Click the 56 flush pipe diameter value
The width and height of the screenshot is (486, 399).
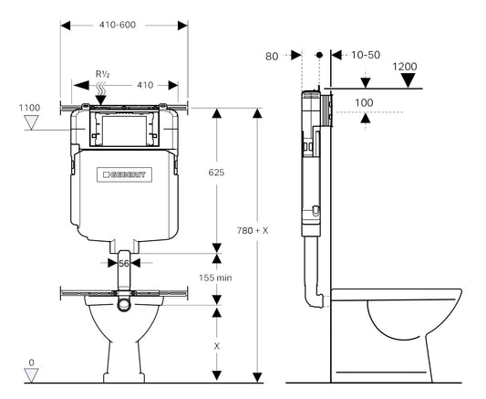[123, 263]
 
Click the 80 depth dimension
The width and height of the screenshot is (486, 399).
[271, 56]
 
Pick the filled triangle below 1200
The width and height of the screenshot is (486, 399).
[409, 80]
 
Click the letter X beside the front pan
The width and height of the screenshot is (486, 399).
[216, 347]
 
